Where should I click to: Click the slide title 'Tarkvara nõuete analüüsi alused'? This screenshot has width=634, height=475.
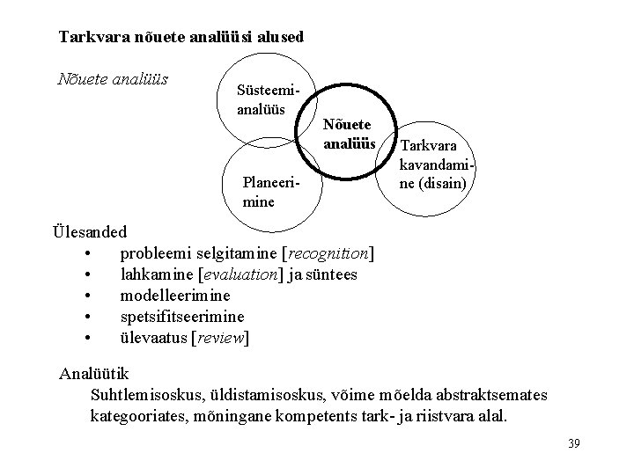(181, 37)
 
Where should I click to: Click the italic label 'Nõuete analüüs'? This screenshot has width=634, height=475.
(113, 79)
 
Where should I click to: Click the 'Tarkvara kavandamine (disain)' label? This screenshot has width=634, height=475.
(438, 165)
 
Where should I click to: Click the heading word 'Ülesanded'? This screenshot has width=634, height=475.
(90, 232)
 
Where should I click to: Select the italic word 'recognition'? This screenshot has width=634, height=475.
(328, 253)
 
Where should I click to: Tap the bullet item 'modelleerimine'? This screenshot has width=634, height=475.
(175, 296)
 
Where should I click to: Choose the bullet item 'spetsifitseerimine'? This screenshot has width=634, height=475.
(182, 317)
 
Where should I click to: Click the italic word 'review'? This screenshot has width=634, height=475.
(220, 338)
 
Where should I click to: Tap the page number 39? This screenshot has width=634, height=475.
(573, 442)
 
